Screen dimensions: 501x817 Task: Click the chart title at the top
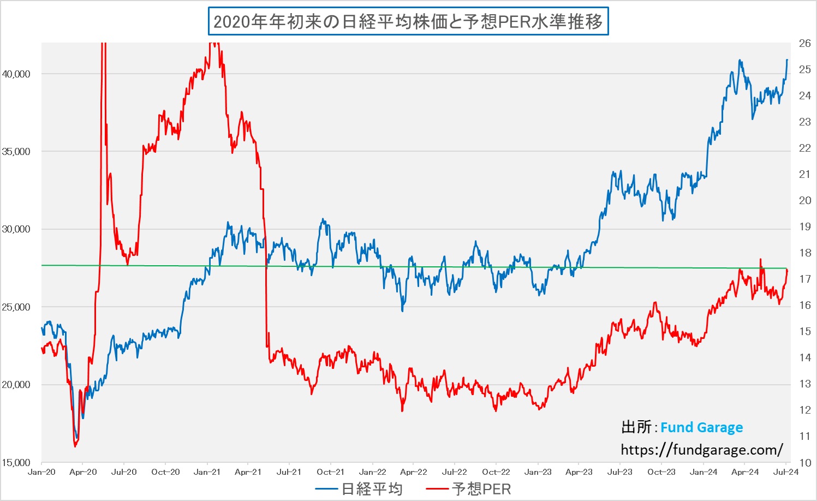pyautogui.click(x=408, y=22)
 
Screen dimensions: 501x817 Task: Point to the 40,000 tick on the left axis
pyautogui.click(x=16, y=74)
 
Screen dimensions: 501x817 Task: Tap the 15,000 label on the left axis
pyautogui.click(x=16, y=463)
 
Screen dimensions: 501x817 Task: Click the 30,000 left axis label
pyautogui.click(x=16, y=229)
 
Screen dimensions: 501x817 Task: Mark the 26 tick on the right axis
pyautogui.click(x=804, y=44)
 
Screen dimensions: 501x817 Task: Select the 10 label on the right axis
pyautogui.click(x=804, y=463)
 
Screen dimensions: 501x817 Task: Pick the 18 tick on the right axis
pyautogui.click(x=804, y=253)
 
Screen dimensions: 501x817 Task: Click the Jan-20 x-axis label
pyautogui.click(x=41, y=472)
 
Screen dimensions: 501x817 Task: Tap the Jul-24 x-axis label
pyautogui.click(x=786, y=472)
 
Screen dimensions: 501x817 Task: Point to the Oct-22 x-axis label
pyautogui.click(x=496, y=472)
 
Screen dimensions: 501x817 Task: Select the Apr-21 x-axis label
pyautogui.click(x=248, y=472)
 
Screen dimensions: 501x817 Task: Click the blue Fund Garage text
pyautogui.click(x=701, y=427)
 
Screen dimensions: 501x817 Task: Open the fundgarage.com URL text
pyautogui.click(x=702, y=450)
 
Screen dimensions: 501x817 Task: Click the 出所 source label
pyautogui.click(x=636, y=427)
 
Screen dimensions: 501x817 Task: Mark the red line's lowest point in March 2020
pyautogui.click(x=75, y=446)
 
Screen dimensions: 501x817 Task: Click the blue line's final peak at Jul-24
pyautogui.click(x=787, y=60)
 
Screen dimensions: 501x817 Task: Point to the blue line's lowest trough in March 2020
pyautogui.click(x=77, y=438)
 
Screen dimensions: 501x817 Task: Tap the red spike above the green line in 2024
pyautogui.click(x=760, y=259)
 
